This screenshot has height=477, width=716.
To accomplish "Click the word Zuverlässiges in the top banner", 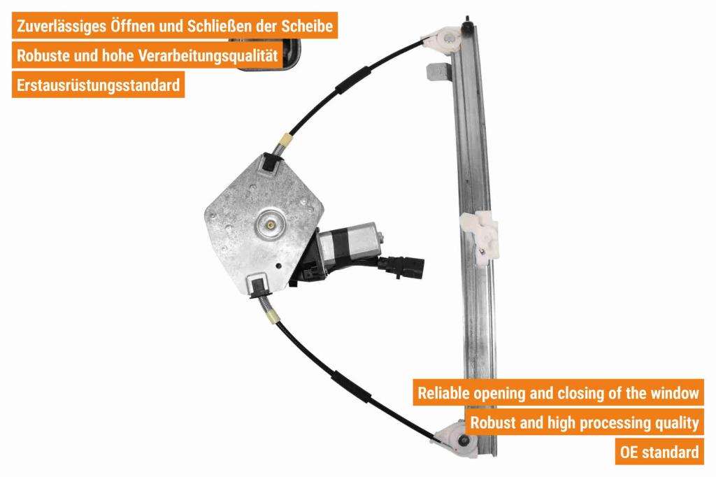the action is [x=62, y=26].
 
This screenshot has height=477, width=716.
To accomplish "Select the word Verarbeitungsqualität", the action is [x=208, y=56].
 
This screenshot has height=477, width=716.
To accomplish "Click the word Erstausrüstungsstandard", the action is [x=98, y=85].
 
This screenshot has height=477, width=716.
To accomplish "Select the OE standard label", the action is [x=659, y=452].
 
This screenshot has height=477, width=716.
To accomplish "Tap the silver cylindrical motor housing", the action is [x=350, y=242].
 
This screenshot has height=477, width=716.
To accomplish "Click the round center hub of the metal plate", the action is [x=271, y=225].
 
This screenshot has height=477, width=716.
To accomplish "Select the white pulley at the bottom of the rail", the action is [x=457, y=439].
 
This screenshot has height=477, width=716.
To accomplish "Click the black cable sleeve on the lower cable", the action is [x=352, y=387].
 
